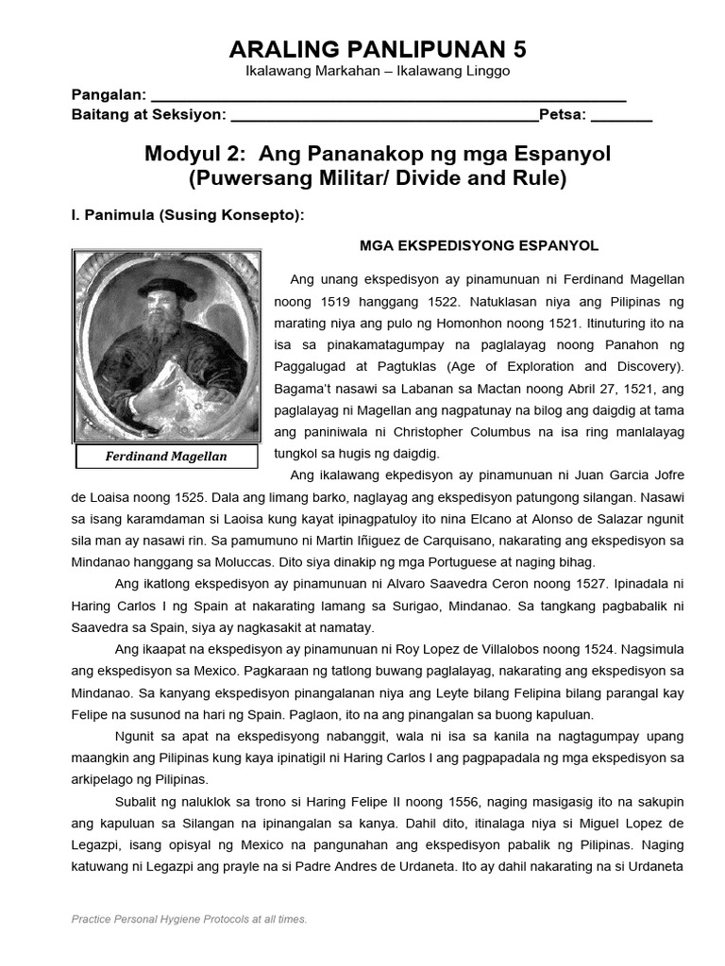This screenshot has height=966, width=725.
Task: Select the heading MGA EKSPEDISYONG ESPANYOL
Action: click(479, 245)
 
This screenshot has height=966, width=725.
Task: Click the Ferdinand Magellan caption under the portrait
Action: click(166, 457)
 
